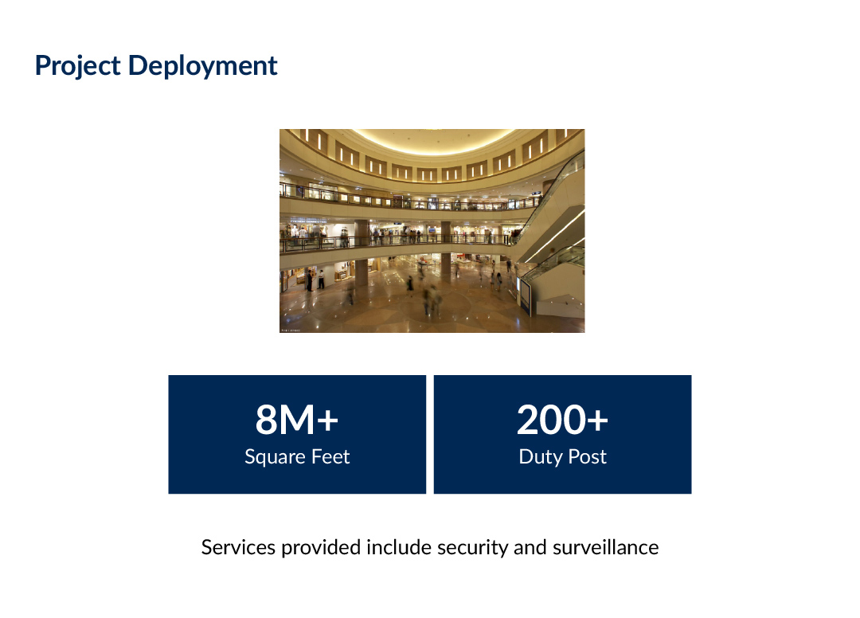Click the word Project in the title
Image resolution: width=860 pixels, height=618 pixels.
click(x=78, y=66)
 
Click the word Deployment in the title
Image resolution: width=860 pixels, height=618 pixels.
click(x=203, y=66)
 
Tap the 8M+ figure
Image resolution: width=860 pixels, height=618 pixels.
click(x=297, y=420)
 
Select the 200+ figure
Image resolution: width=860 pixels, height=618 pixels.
click(x=562, y=420)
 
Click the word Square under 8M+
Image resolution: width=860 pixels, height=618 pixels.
click(x=275, y=457)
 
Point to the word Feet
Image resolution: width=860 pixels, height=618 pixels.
click(x=330, y=456)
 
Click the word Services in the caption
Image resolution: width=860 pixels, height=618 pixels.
click(x=238, y=547)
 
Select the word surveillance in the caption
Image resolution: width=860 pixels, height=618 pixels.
click(x=605, y=547)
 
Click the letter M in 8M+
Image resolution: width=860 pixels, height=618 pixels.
click(x=297, y=420)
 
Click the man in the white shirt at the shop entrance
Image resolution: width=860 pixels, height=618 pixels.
click(x=321, y=279)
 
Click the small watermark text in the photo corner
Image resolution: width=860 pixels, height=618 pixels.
click(x=291, y=331)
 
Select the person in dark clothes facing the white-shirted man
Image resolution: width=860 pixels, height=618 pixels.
click(x=310, y=280)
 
